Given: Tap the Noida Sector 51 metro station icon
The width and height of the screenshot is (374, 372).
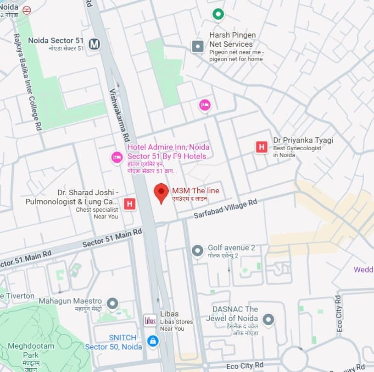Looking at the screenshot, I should point(95,44).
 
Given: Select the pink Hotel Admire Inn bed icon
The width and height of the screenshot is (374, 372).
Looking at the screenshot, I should point(117,158).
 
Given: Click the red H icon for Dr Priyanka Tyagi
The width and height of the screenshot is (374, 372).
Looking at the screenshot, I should point(262,147).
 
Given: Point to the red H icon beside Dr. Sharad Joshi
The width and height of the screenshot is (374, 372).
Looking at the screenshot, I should point(130,204).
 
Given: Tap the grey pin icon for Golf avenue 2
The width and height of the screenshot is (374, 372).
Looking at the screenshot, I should point(197,251).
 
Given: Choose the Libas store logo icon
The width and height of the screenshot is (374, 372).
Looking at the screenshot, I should point(150,320).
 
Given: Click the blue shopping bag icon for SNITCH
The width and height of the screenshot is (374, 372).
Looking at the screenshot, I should point(152,341).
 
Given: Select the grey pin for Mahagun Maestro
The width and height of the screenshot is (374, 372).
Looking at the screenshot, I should point(112,303).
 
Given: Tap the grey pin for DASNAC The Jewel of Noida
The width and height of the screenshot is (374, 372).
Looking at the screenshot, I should point(268,319).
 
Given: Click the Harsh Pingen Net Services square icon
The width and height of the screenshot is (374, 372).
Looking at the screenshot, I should point(198,46).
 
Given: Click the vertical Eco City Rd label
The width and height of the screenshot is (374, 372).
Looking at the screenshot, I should point(339,314).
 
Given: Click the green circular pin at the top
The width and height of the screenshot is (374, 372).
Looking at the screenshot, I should point(218,14).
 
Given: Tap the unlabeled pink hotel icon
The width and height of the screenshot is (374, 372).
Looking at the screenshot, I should point(205,105).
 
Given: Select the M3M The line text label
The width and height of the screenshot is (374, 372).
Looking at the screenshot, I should point(195,191).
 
